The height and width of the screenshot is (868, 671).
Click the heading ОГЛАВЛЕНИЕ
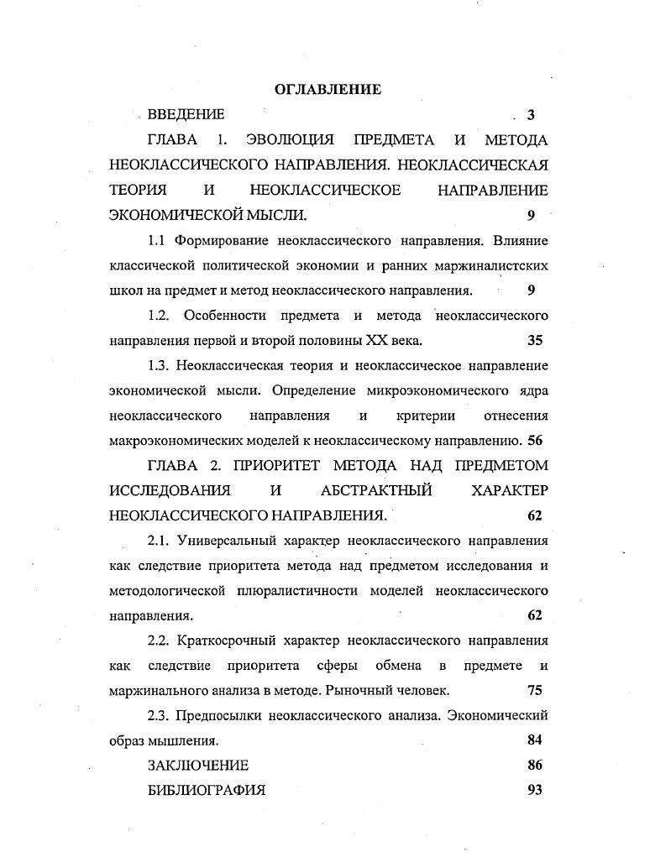click(x=328, y=89)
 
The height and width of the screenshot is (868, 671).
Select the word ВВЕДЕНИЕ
click(x=186, y=114)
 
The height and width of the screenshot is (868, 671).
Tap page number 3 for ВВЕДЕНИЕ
click(x=531, y=115)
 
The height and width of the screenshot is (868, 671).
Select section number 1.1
click(x=157, y=241)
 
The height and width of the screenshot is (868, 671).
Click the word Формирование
click(x=221, y=241)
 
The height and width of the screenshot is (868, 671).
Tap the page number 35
click(x=535, y=341)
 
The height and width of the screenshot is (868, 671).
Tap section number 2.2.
click(x=160, y=641)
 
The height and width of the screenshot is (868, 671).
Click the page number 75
click(x=534, y=690)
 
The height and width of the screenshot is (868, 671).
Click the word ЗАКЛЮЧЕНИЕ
click(x=198, y=765)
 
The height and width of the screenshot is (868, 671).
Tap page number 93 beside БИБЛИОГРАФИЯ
click(x=534, y=790)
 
